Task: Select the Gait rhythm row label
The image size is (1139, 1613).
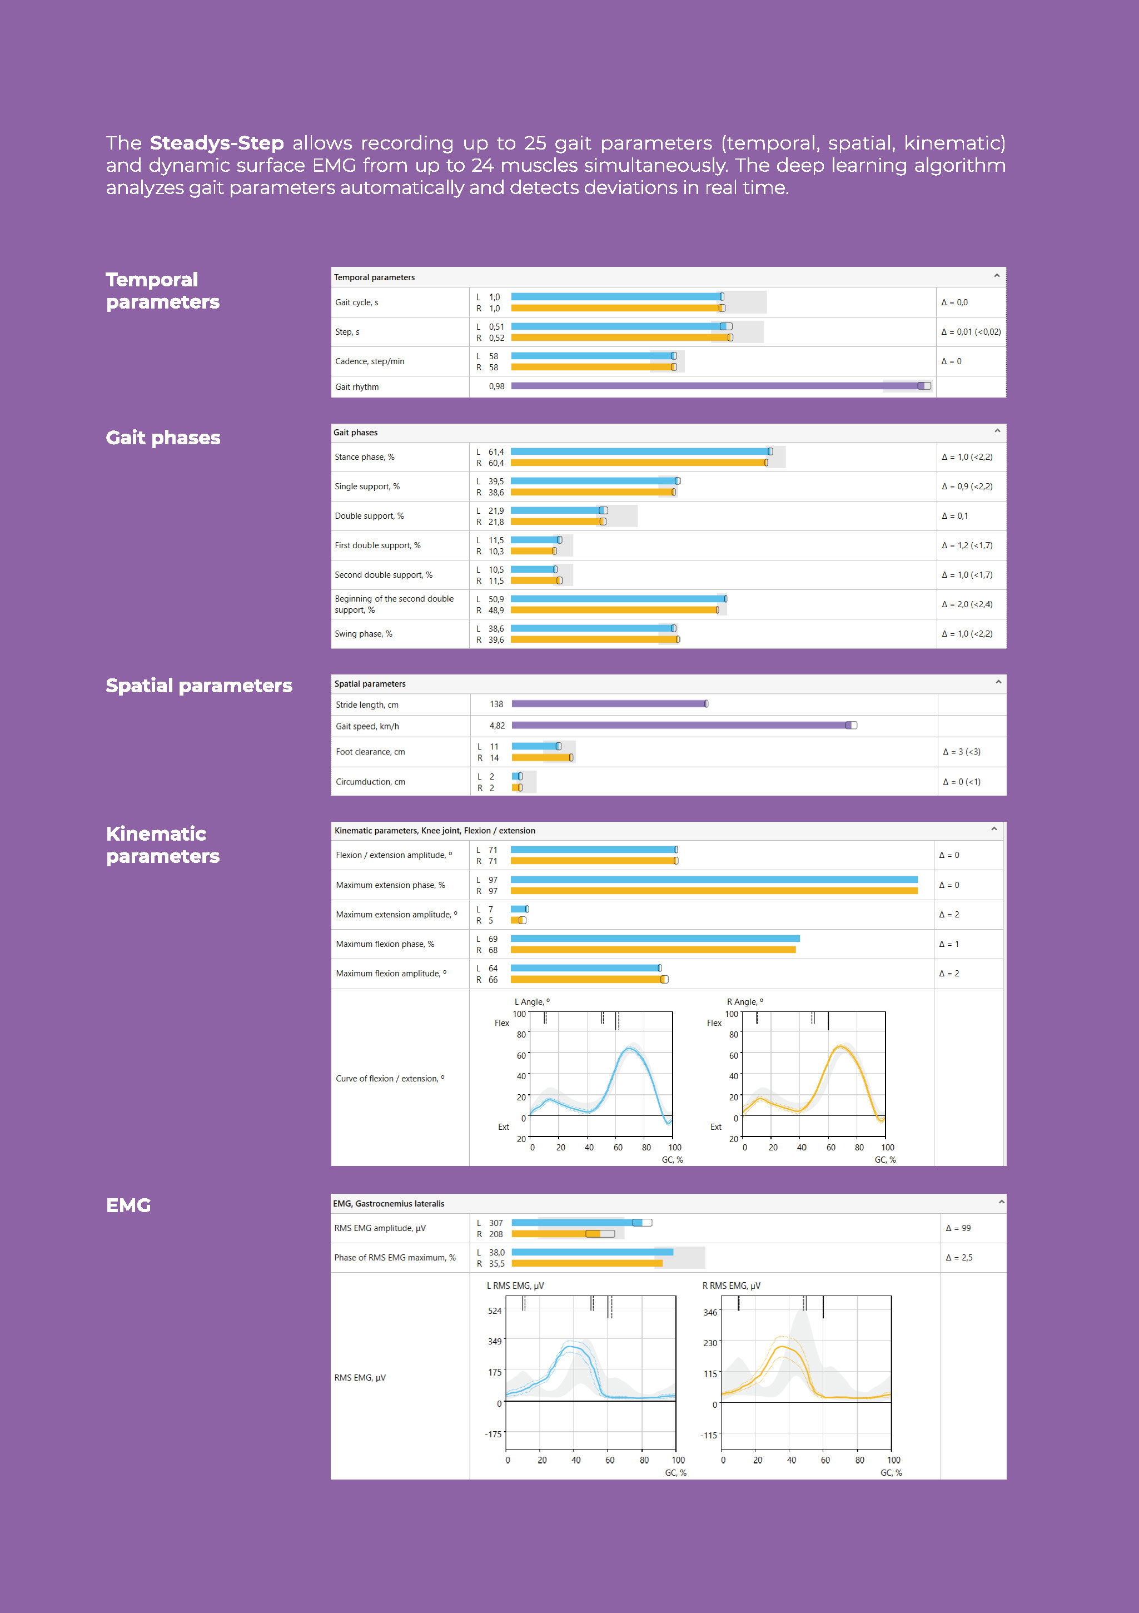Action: (357, 387)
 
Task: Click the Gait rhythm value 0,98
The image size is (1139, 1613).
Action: (496, 386)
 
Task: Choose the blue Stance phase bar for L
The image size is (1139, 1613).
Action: (639, 451)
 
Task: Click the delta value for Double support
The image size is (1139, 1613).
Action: (954, 515)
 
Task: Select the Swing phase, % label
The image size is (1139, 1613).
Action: (363, 634)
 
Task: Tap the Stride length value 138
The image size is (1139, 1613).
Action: (496, 704)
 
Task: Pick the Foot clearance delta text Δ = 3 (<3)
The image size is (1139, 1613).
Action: (961, 752)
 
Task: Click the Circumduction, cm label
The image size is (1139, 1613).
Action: (370, 782)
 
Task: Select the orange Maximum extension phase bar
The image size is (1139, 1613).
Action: (713, 891)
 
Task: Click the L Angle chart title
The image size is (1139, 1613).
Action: (531, 1002)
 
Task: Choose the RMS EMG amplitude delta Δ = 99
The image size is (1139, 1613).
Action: (958, 1228)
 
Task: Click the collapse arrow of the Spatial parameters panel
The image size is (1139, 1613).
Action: (998, 682)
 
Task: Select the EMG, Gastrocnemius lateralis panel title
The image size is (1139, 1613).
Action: (389, 1203)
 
